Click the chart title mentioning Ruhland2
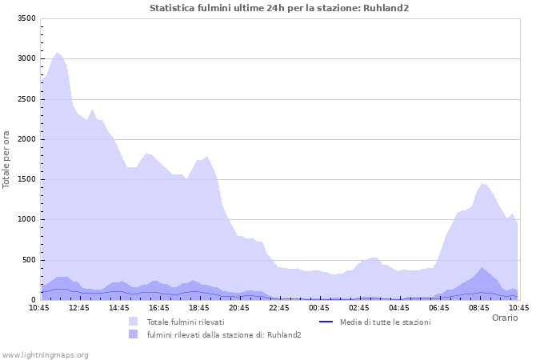[x=279, y=8]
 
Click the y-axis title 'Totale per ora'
[x=7, y=159]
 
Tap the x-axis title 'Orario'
[x=504, y=318]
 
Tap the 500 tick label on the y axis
[x=29, y=260]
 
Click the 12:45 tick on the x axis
[x=79, y=307]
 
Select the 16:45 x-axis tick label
[x=159, y=307]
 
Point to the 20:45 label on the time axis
[x=239, y=307]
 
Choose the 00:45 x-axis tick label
[x=319, y=307]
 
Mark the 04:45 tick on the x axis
[x=399, y=307]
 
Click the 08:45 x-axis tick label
[x=479, y=307]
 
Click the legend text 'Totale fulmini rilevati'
[x=185, y=322]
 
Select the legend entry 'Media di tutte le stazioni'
[x=385, y=322]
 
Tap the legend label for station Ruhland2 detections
[x=224, y=334]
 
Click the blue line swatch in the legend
[x=326, y=322]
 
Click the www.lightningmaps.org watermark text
[x=46, y=354]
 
